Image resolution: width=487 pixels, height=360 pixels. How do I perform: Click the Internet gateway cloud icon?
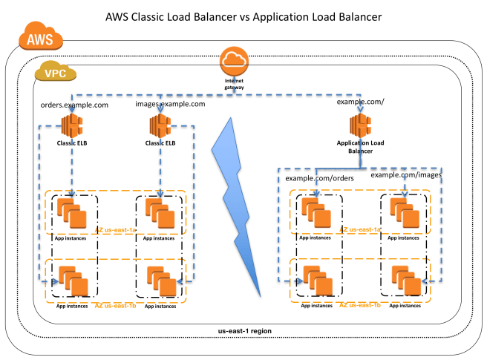click(235, 60)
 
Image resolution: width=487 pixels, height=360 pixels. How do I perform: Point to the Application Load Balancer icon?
click(361, 123)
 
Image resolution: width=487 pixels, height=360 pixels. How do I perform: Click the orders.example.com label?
click(74, 105)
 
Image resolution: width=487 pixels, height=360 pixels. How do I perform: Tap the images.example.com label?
click(170, 105)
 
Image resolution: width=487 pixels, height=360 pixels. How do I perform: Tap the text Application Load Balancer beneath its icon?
click(362, 145)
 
